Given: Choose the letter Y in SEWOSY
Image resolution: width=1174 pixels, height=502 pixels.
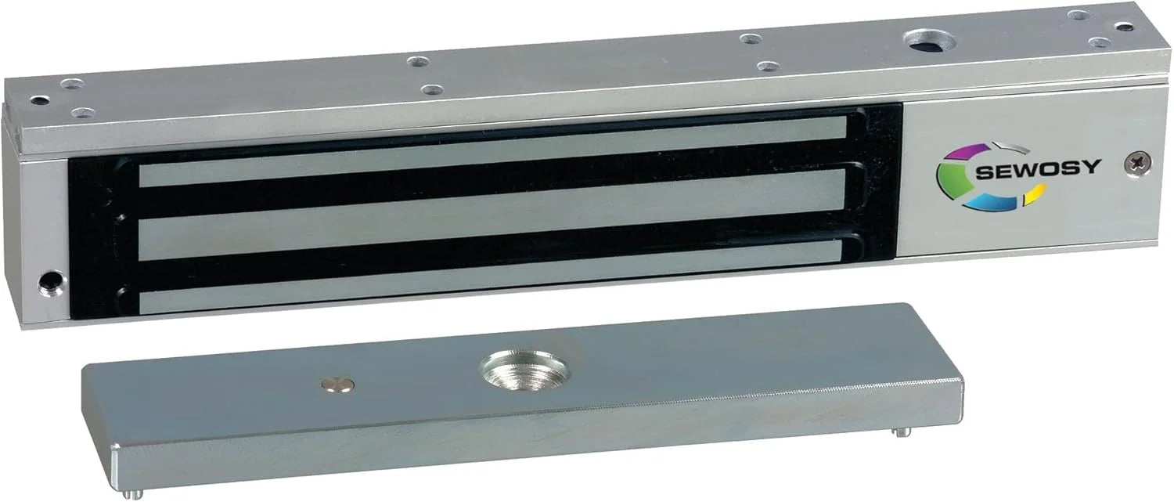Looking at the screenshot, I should (x=1093, y=167).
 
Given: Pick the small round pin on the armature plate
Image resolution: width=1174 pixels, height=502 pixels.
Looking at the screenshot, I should (x=337, y=383).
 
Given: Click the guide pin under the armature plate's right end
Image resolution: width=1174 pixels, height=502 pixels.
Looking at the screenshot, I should (x=902, y=432).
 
